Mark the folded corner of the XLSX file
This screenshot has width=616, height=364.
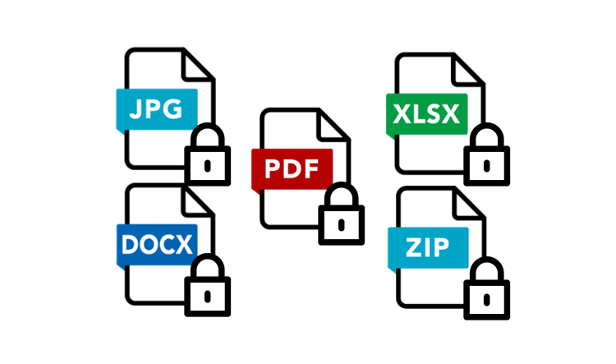click(467, 71)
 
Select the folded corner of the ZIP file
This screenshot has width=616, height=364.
click(467, 204)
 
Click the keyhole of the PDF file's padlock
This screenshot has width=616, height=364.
click(342, 223)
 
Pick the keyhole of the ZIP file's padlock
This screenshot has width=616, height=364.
click(486, 297)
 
